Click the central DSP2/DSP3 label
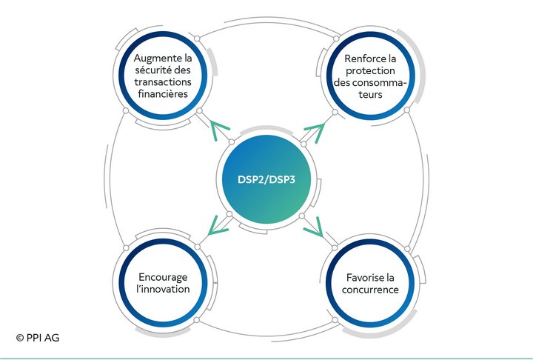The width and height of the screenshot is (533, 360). click(266, 179)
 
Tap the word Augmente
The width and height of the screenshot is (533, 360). click(154, 59)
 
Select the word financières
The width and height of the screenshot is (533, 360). click(163, 93)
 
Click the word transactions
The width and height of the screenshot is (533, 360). click(163, 81)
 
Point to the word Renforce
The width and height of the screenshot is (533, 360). click(362, 59)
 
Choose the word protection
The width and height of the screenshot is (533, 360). click(370, 71)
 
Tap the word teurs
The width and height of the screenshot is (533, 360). click(370, 94)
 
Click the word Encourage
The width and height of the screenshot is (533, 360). click(163, 278)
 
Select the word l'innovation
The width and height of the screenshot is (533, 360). click(163, 289)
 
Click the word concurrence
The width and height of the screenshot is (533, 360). click(370, 290)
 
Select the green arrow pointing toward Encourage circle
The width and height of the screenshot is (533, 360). click(218, 226)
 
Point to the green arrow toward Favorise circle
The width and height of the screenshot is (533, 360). click(314, 227)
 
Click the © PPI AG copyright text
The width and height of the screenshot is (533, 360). click(38, 338)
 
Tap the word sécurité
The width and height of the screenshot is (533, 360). click(153, 70)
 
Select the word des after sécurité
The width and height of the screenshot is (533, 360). click(182, 70)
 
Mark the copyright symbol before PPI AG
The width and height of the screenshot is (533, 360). click(20, 338)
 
